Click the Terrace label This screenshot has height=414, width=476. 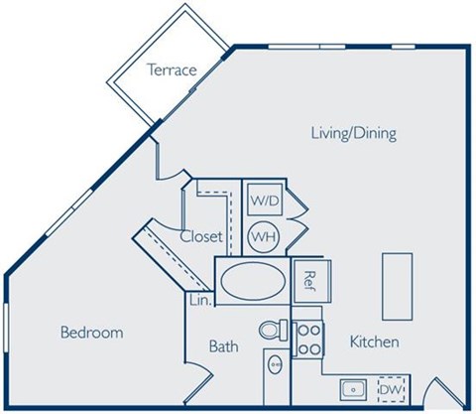click(171, 69)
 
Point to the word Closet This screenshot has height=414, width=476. click(200, 236)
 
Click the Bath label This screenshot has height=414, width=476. click(223, 346)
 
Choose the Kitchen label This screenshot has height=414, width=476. click(374, 342)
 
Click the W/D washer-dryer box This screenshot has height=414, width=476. click(264, 201)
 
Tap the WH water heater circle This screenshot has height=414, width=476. click(263, 237)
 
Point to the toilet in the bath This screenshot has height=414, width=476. click(271, 332)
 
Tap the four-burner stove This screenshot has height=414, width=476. click(307, 338)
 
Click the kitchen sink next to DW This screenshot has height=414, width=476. click(352, 388)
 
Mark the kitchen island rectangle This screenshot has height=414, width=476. click(397, 285)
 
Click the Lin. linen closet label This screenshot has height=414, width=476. click(197, 299)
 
